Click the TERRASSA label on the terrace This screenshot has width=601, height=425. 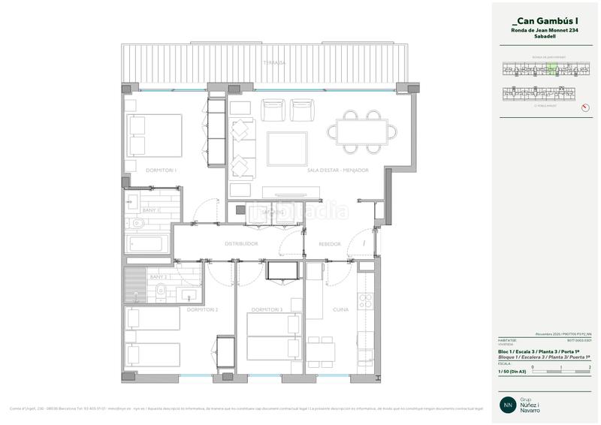pos(269,63)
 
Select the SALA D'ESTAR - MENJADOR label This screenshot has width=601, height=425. pos(337,170)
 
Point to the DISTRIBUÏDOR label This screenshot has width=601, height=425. pos(242,244)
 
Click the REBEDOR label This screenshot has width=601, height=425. pos(330,244)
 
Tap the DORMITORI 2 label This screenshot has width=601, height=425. pos(202,309)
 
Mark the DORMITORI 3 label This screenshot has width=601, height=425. pos(267,309)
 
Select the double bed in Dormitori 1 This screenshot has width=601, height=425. pos(154,135)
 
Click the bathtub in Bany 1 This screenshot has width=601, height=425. pos(149,243)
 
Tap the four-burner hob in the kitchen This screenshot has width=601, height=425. pos(366,301)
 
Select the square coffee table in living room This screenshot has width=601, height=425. pos(288,147)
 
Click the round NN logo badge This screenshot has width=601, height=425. pos(509,402)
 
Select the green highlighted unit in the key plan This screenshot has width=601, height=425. pos(552,70)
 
